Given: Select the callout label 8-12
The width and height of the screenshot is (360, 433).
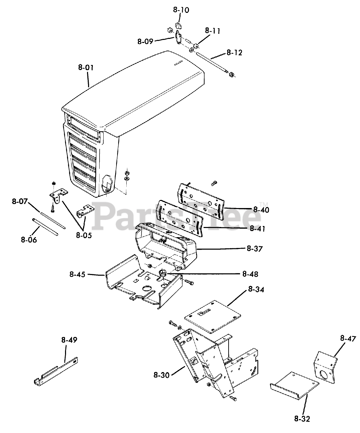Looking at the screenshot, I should click(234, 53).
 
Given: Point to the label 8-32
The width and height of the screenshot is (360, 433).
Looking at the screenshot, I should click(302, 419).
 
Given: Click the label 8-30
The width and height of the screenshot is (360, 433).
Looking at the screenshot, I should click(161, 374).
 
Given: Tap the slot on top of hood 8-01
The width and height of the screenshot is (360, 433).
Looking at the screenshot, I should click(178, 63).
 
